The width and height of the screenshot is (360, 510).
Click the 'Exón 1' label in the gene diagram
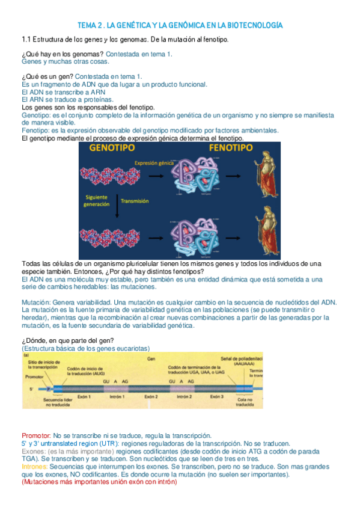pos(84,397)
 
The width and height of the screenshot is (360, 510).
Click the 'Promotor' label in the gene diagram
pos(34,376)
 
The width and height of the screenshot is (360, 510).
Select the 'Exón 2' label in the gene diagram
pos(150,397)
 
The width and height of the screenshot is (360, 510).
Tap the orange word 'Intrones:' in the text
pos(35,466)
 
